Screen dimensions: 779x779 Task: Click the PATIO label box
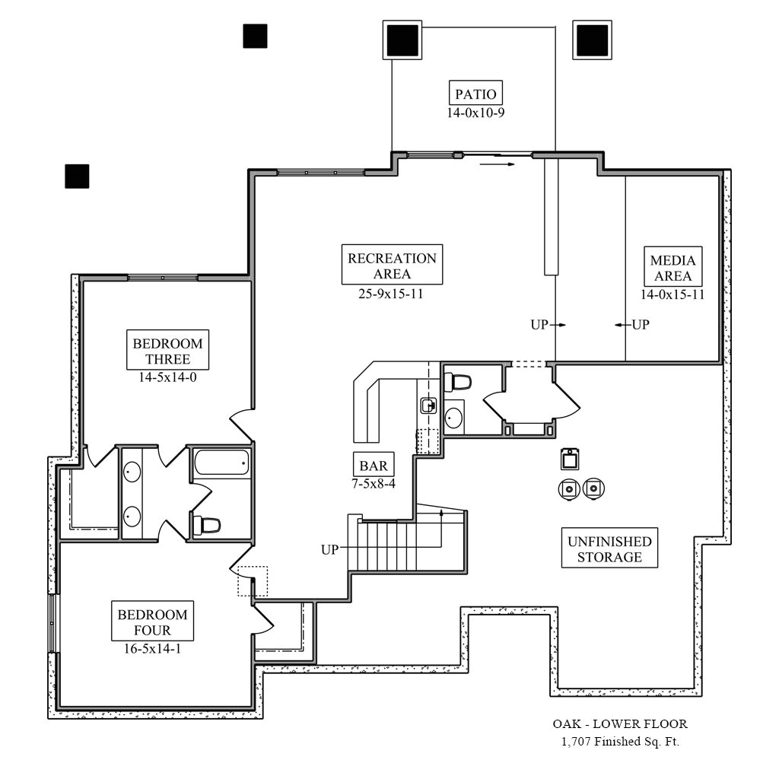click(x=475, y=94)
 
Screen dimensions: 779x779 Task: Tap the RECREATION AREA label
click(x=392, y=265)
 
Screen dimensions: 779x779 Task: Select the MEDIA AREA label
click(x=672, y=268)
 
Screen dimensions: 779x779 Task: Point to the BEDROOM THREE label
click(x=168, y=351)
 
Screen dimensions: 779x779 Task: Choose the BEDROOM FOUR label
click(x=152, y=622)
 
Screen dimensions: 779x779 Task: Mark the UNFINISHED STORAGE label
click(x=609, y=549)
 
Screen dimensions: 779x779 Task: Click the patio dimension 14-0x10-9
click(x=475, y=113)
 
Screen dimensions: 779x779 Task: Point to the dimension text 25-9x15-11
click(x=392, y=294)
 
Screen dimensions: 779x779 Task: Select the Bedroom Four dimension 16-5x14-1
click(x=152, y=649)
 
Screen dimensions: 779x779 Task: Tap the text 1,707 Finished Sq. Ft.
click(x=620, y=742)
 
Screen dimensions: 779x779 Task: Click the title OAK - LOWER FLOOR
click(x=620, y=724)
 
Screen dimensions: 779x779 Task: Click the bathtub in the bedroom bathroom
click(x=221, y=462)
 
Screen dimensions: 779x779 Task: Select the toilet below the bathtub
click(x=207, y=524)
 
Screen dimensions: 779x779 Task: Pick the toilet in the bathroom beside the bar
click(x=458, y=380)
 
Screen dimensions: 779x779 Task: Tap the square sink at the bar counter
click(x=428, y=405)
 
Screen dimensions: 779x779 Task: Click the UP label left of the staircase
click(x=329, y=549)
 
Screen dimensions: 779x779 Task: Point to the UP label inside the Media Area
click(x=641, y=325)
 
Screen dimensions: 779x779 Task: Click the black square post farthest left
click(x=77, y=176)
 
